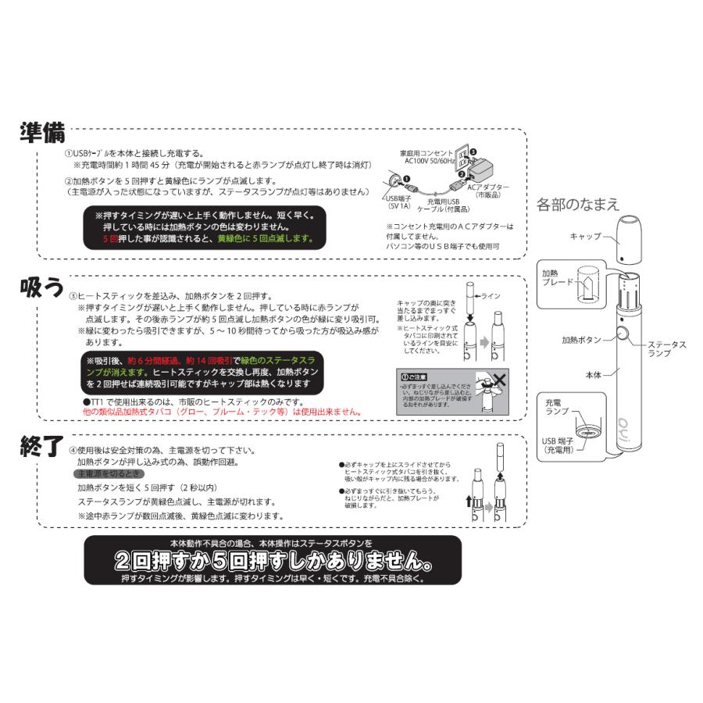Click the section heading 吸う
41,287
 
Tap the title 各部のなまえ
578,205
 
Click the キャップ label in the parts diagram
585,235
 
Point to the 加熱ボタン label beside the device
582,341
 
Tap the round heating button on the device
624,335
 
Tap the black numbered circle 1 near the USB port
406,180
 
